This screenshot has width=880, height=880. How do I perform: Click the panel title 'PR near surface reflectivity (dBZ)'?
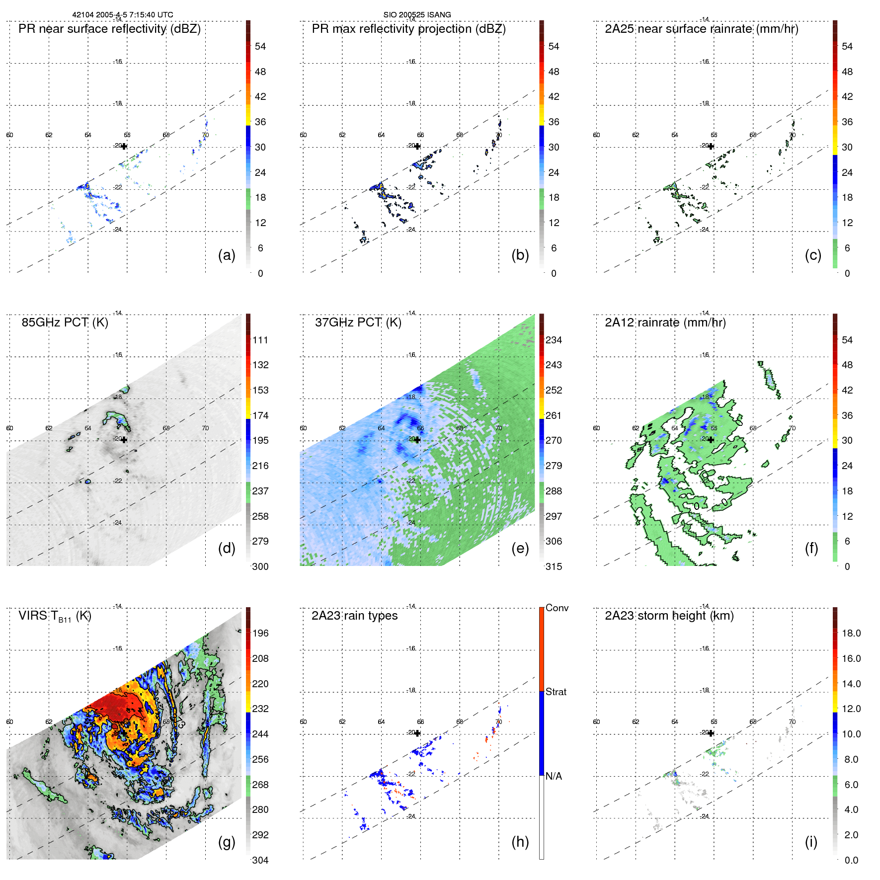109,29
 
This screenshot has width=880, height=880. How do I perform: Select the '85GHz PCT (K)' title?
65,322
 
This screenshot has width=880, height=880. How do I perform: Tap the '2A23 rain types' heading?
354,616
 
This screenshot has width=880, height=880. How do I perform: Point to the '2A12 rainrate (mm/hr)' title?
665,322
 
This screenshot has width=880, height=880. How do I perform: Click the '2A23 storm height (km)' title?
669,616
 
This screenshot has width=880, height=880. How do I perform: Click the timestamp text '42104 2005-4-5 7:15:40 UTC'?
123,15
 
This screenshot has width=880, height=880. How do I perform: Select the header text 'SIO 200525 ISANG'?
417,15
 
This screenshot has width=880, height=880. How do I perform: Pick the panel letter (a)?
227,255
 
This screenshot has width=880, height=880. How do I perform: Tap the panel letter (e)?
520,549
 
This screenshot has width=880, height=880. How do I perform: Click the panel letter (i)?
811,842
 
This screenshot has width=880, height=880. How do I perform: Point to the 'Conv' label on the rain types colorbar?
557,608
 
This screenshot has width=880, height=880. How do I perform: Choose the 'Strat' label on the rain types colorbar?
556,692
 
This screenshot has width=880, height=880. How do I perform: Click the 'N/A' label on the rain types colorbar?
554,776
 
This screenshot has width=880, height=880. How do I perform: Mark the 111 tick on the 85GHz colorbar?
260,340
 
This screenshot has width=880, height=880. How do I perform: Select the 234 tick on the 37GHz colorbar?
554,340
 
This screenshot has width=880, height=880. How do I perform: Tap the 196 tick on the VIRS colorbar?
260,634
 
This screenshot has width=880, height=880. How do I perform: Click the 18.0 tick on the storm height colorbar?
851,634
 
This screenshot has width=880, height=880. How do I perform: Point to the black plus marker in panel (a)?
124,147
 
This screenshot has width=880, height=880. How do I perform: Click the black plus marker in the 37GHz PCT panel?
417,440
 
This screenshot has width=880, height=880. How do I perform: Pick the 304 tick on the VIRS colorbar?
260,860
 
